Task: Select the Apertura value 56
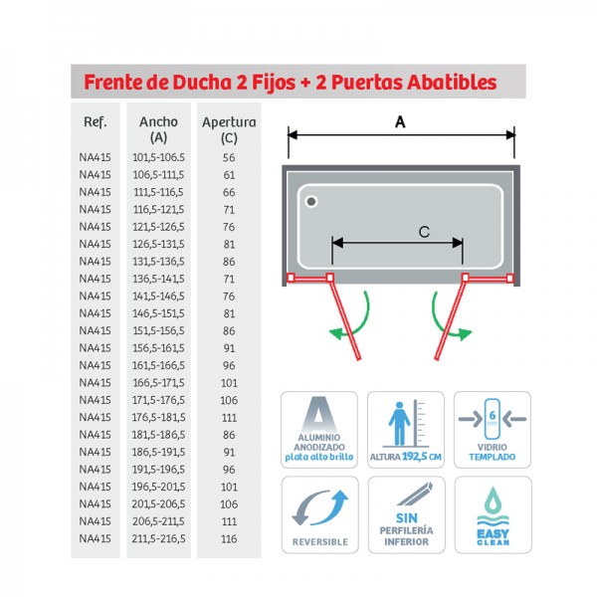[229, 157]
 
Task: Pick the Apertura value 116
[229, 538]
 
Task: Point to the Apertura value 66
[229, 192]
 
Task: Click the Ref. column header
[96, 122]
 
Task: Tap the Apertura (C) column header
[229, 130]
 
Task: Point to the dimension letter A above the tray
[400, 121]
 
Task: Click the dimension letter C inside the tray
[423, 232]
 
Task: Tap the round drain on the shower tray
[311, 202]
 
